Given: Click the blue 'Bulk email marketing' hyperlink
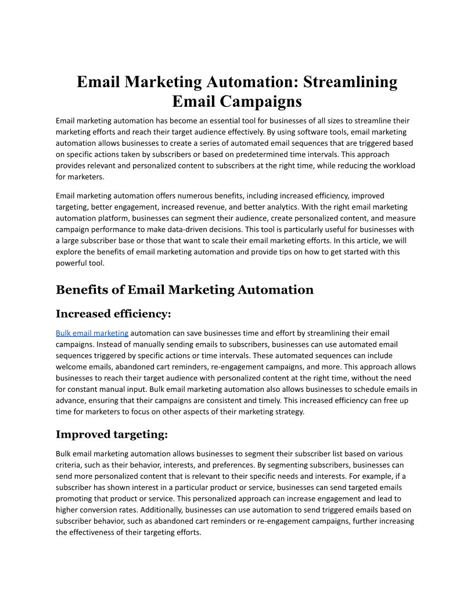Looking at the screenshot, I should click(92, 333).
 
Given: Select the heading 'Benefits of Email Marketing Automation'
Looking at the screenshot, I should click(184, 290).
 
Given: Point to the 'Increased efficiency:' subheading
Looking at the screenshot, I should click(113, 314).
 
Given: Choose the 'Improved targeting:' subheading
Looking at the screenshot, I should click(112, 435).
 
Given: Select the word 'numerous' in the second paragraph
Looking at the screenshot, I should click(196, 196).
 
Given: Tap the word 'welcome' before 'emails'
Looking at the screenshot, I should click(71, 367).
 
